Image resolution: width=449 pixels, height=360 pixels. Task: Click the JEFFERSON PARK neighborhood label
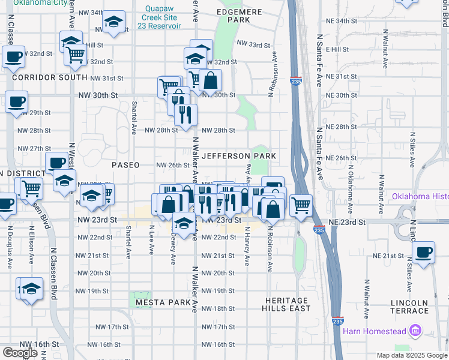point(239,156)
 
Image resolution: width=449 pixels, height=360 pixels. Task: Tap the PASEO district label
point(125,165)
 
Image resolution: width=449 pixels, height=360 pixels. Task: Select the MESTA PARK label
point(163,302)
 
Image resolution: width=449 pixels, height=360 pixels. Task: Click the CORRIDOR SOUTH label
point(49,77)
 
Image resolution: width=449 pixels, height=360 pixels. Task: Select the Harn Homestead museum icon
point(414,331)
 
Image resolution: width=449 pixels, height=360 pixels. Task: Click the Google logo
point(20,353)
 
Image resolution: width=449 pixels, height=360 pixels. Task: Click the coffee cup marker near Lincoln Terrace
point(423,251)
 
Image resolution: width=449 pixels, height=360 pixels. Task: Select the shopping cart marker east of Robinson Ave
point(301,205)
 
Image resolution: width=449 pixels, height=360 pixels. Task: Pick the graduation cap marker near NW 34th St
point(113,22)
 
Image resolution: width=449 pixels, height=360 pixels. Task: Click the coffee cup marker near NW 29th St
point(16,101)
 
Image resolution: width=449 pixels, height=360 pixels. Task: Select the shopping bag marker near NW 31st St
point(211,80)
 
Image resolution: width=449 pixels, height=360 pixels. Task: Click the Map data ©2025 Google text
point(412,355)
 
